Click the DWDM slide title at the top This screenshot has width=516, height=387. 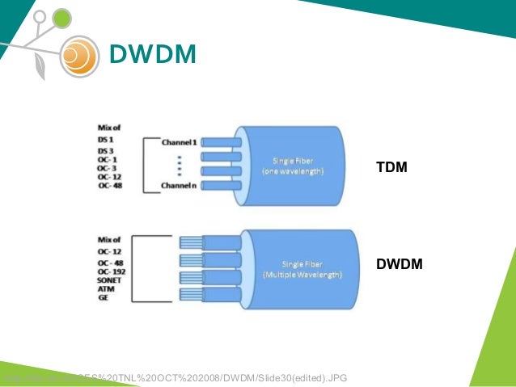pyautogui.click(x=152, y=54)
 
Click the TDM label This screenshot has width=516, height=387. pyautogui.click(x=391, y=168)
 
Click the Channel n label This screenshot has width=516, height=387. pyautogui.click(x=179, y=186)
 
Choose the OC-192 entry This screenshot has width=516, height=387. pyautogui.click(x=109, y=271)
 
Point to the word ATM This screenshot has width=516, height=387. pyautogui.click(x=105, y=288)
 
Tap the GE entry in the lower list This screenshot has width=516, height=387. pyautogui.click(x=103, y=297)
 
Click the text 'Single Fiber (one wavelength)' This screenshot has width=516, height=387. pyautogui.click(x=293, y=168)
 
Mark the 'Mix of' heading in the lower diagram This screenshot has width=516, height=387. pyautogui.click(x=109, y=239)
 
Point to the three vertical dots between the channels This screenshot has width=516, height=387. pyautogui.click(x=179, y=165)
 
